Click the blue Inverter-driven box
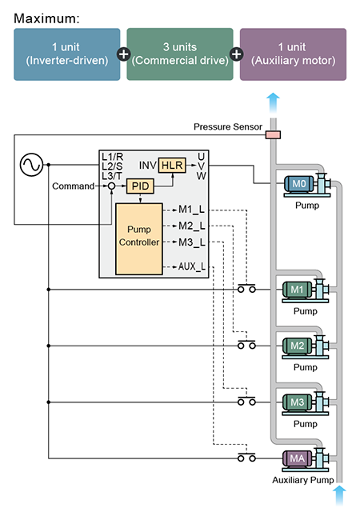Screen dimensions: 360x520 coord(67,54)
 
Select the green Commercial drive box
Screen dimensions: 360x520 coord(180,54)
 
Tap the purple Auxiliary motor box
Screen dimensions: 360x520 coord(293,54)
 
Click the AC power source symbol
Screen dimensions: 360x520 coord(31,165)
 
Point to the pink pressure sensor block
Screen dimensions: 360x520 coord(273,134)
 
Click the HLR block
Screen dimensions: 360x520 coord(172,165)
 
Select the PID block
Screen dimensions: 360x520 coord(140,186)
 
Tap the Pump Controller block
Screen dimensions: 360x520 coord(139,239)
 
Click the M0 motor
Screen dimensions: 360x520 coord(298,184)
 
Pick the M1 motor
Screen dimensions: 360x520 coord(297,290)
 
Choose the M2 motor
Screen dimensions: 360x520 coord(297,346)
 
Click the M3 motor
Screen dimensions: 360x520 coord(297,402)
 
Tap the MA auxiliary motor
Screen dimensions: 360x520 coord(297,458)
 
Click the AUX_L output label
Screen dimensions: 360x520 coord(192,266)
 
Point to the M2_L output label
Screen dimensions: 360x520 coord(192,226)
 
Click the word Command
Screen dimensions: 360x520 coord(74,186)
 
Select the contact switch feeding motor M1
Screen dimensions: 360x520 coord(246,288)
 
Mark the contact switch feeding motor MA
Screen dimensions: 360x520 coord(246,457)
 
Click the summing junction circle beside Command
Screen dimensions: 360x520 coord(112,186)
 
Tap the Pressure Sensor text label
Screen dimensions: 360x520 coord(228,126)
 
